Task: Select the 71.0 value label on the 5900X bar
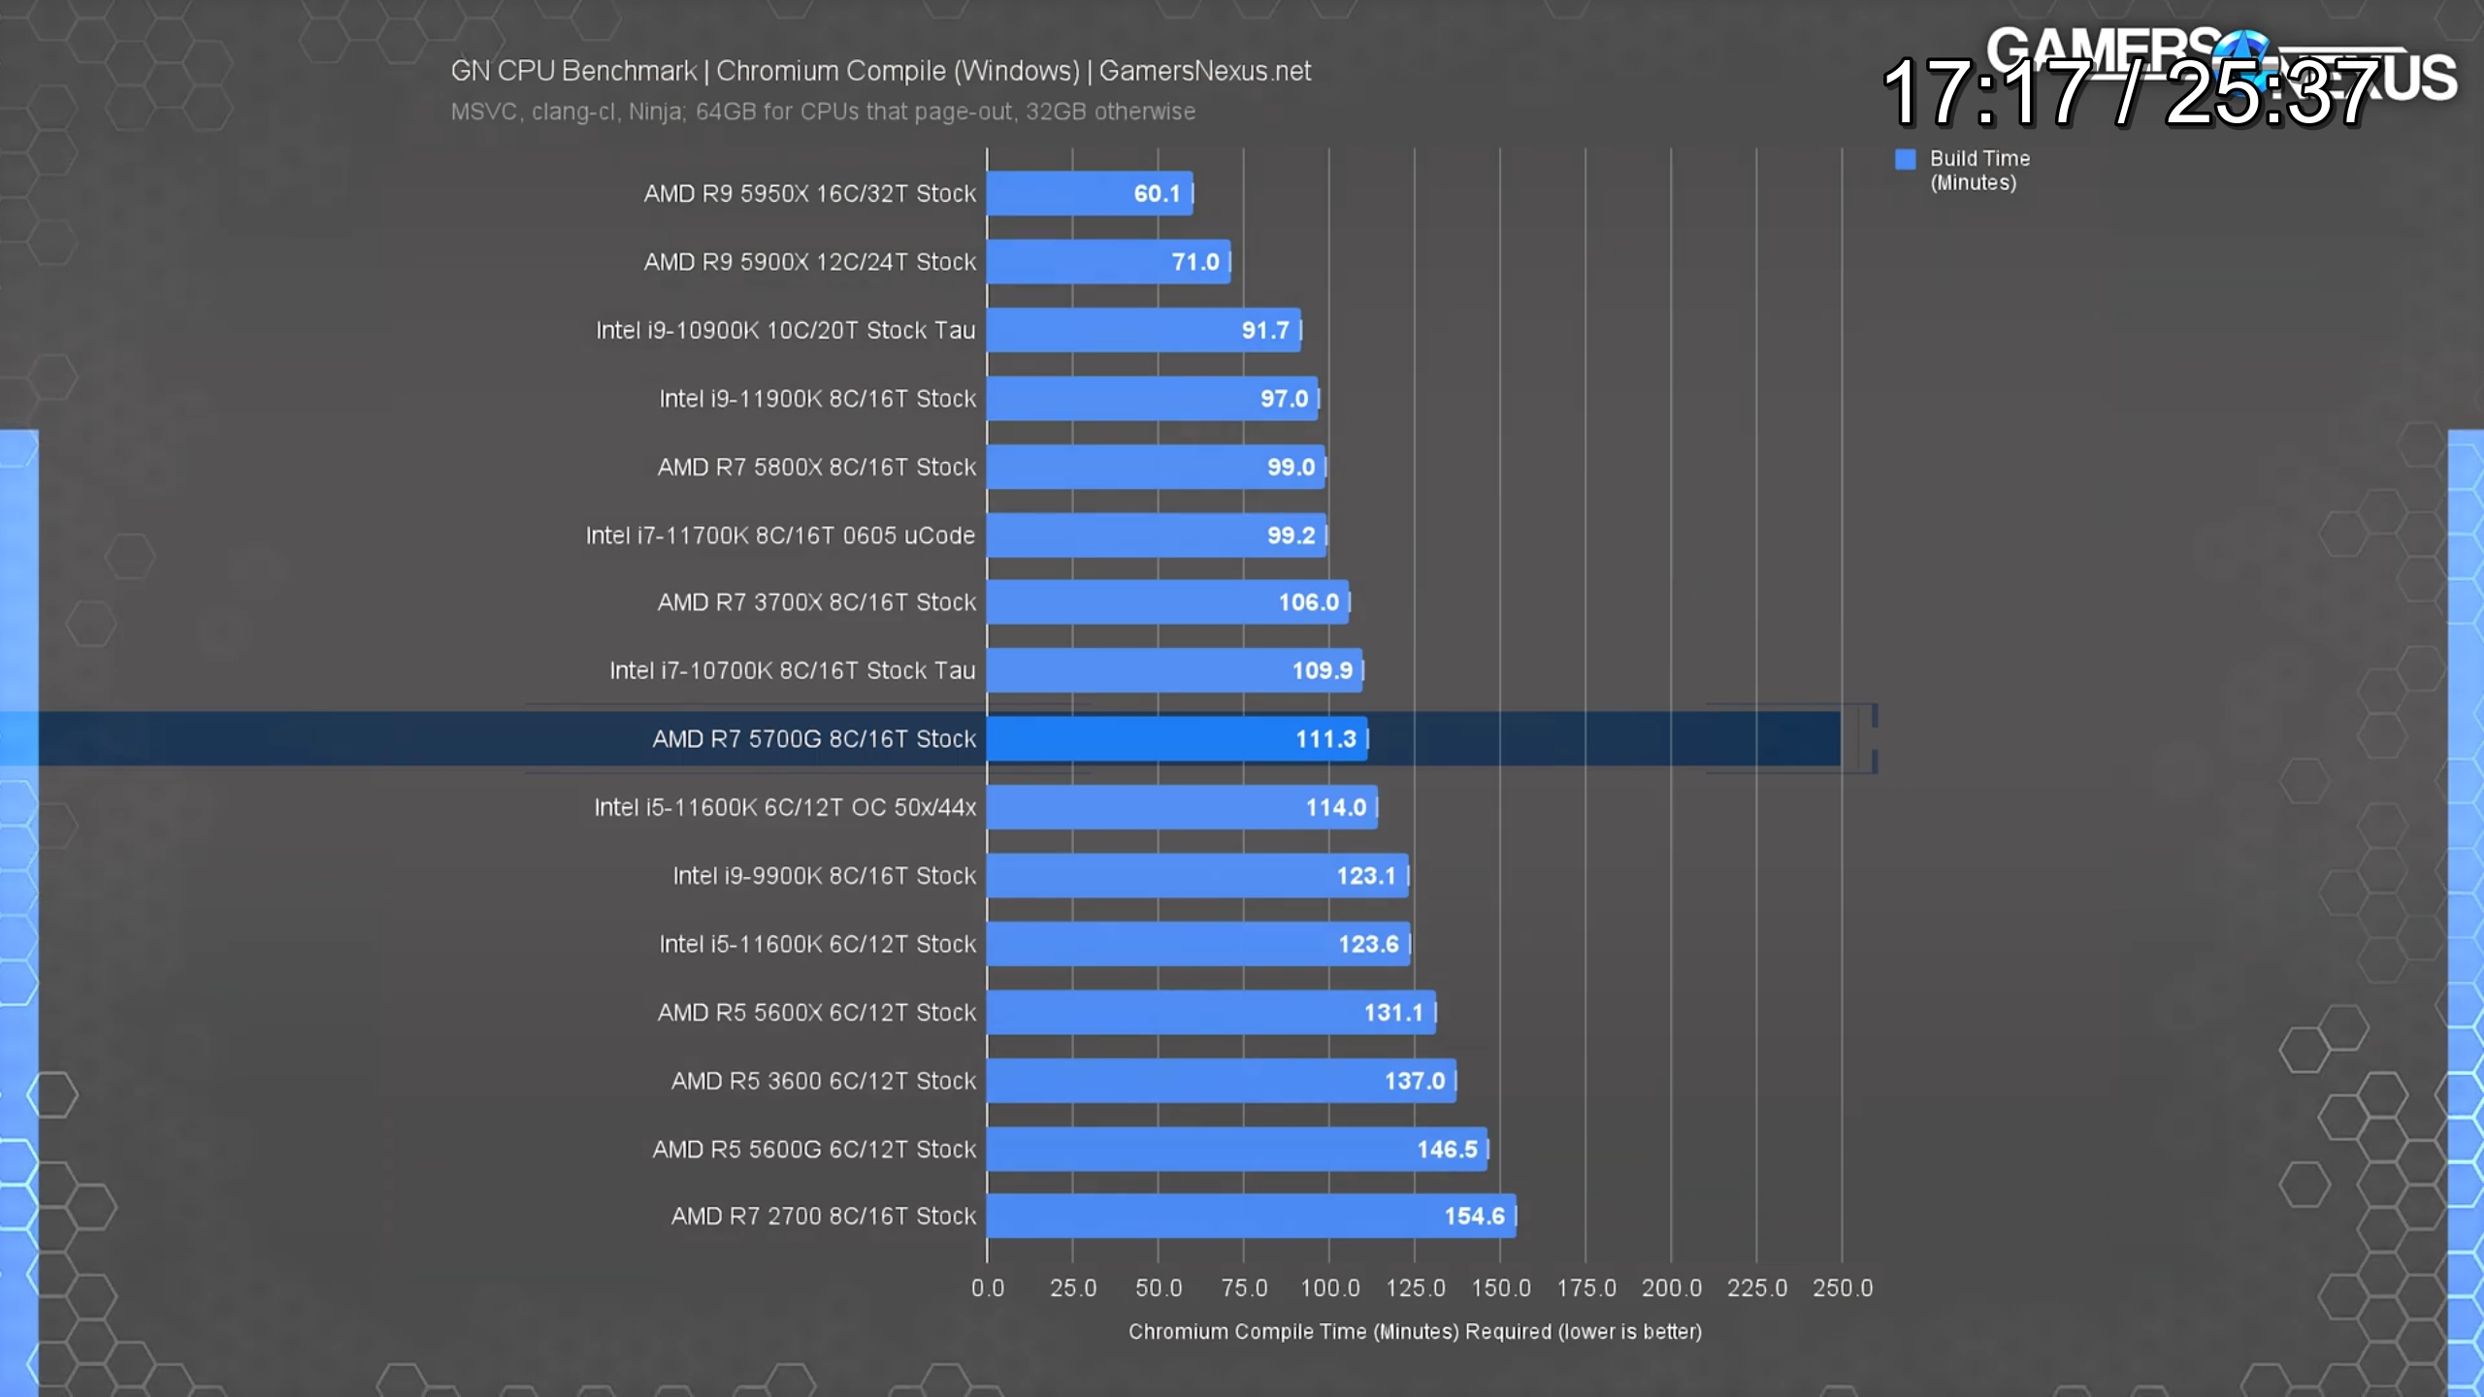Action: pos(1194,262)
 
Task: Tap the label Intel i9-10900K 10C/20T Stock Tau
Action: pos(785,331)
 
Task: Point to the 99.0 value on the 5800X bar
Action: pos(1291,467)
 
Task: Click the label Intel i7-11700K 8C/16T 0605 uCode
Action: pos(780,536)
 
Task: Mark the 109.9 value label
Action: pos(1322,670)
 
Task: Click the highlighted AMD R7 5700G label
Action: pos(814,739)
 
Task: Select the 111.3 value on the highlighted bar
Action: pos(1325,739)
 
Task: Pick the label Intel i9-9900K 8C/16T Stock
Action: pos(824,876)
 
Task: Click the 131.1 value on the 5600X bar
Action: pos(1393,1013)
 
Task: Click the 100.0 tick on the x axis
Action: pos(1329,1288)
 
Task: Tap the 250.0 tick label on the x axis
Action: pos(1843,1288)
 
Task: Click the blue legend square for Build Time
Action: pos(1906,159)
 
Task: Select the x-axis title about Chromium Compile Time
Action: pos(1415,1332)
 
